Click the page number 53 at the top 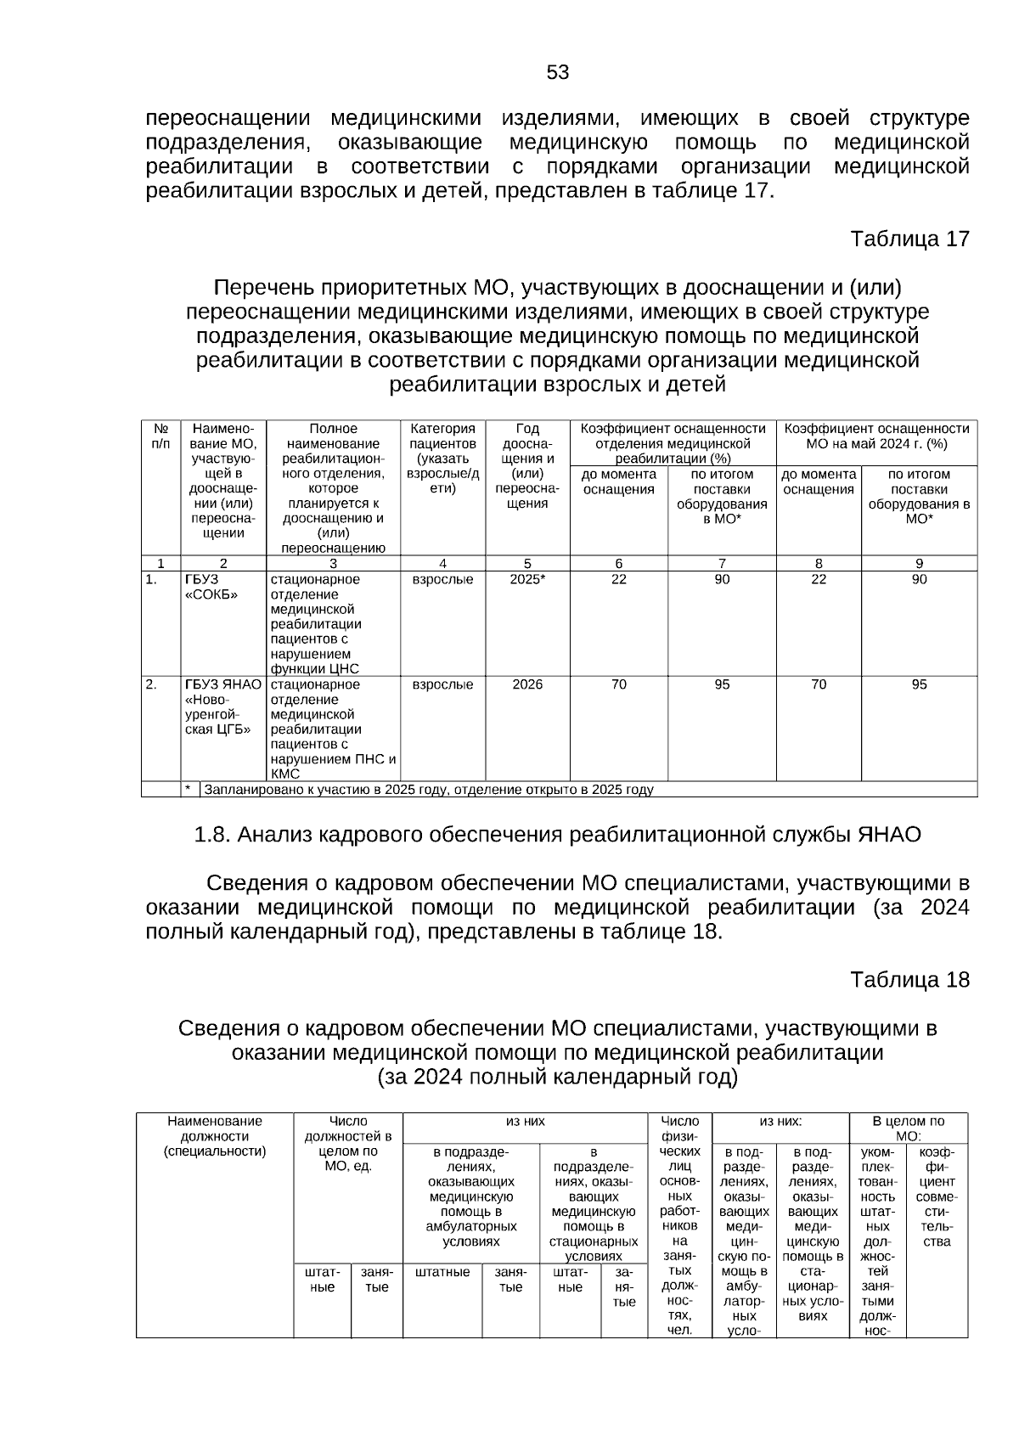(x=558, y=73)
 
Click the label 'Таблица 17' (x=909, y=239)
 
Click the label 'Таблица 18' (x=909, y=980)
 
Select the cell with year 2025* (x=527, y=580)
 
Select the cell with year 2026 (x=527, y=684)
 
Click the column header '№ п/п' (x=160, y=436)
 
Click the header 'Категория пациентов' (x=442, y=459)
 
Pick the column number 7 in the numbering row (x=722, y=563)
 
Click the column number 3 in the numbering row (x=333, y=563)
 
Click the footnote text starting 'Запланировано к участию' (x=429, y=790)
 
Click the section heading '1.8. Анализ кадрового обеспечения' (x=558, y=835)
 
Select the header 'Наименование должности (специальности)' (x=215, y=1136)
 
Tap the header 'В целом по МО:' (x=908, y=1129)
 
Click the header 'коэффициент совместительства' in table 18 (x=937, y=1197)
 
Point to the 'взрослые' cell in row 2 (x=442, y=684)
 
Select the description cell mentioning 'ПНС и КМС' (x=333, y=729)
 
